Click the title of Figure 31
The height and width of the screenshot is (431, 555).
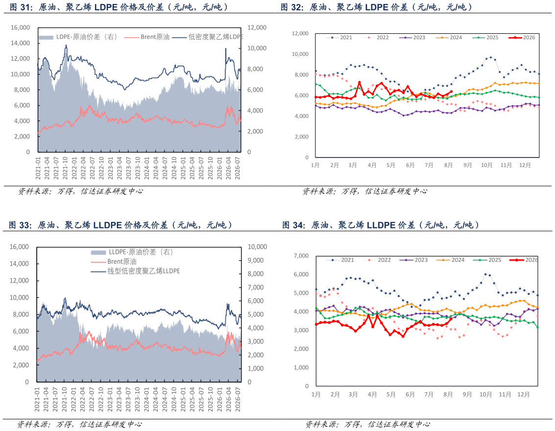[x=119, y=7]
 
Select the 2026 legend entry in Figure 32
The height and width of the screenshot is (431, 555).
[x=522, y=38]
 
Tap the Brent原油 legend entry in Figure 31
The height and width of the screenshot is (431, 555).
[x=147, y=37]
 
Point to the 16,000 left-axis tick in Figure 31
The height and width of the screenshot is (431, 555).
[x=20, y=27]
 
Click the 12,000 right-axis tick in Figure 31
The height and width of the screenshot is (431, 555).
[x=257, y=27]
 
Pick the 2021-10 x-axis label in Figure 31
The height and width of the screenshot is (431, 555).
[x=65, y=168]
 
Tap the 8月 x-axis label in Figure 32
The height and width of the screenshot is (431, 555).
[x=448, y=165]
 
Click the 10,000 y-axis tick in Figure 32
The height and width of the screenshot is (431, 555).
[x=300, y=54]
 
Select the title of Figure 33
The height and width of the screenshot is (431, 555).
[x=121, y=225]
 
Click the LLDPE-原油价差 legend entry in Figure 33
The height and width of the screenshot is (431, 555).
[x=132, y=252]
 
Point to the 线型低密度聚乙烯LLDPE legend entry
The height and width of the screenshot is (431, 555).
[x=136, y=271]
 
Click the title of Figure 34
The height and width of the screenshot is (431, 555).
[x=381, y=225]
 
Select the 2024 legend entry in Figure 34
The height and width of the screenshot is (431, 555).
[x=450, y=260]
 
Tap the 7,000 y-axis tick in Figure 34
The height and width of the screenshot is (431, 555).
[x=301, y=256]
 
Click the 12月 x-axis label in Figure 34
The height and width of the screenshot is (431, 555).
[x=524, y=394]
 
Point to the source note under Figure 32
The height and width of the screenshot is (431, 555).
[x=365, y=191]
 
